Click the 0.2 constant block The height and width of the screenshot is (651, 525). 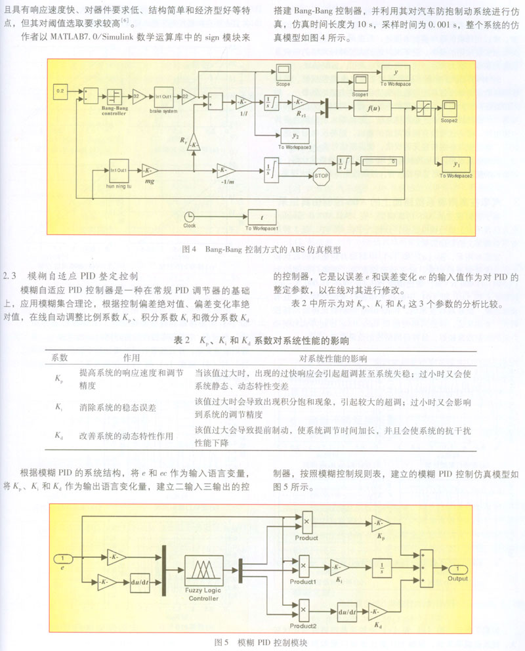pos(61,89)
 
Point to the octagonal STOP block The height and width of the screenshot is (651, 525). pos(322,175)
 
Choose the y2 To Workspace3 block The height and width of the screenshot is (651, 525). pos(295,136)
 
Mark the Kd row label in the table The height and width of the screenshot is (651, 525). pos(58,435)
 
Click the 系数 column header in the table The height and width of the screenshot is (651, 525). pos(60,358)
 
